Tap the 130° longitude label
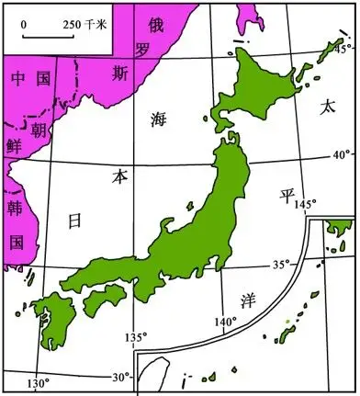39,382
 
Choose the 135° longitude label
135,336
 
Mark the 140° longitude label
225,322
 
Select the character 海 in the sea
161,118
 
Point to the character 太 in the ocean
327,107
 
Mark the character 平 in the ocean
287,196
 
